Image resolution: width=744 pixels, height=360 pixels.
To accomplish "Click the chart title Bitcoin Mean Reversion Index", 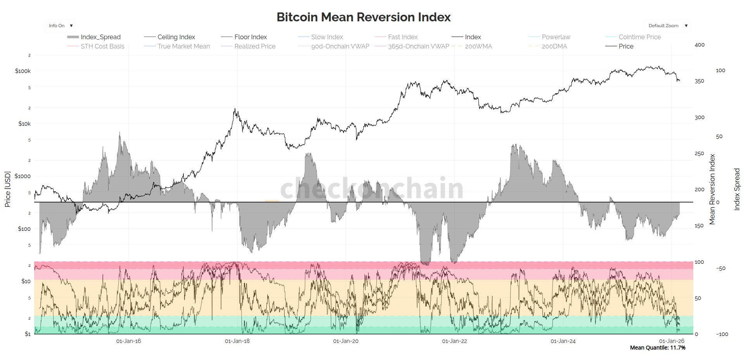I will point(363,17).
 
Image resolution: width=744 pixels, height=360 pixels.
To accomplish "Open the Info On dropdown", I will point(60,26).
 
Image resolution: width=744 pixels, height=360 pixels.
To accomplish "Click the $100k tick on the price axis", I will point(23,71).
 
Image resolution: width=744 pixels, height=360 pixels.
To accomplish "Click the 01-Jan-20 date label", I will point(346,341).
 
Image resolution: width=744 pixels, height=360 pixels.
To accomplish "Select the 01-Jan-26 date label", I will point(672,341).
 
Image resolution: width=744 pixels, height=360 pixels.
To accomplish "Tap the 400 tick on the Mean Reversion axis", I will point(699,45).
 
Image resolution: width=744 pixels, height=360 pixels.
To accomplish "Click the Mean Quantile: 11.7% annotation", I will point(658,348).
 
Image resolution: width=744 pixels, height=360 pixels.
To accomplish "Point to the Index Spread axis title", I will point(737,189).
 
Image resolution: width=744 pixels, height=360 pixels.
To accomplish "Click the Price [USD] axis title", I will point(7,189).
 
